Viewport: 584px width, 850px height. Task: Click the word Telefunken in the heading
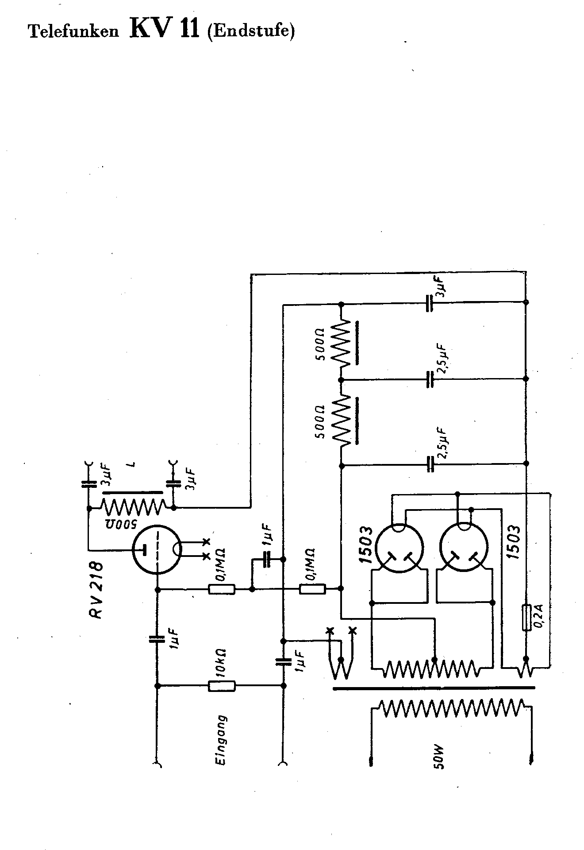coord(74,31)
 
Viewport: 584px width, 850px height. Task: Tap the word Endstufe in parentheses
coord(251,31)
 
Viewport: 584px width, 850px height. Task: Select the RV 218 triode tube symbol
coord(158,549)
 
